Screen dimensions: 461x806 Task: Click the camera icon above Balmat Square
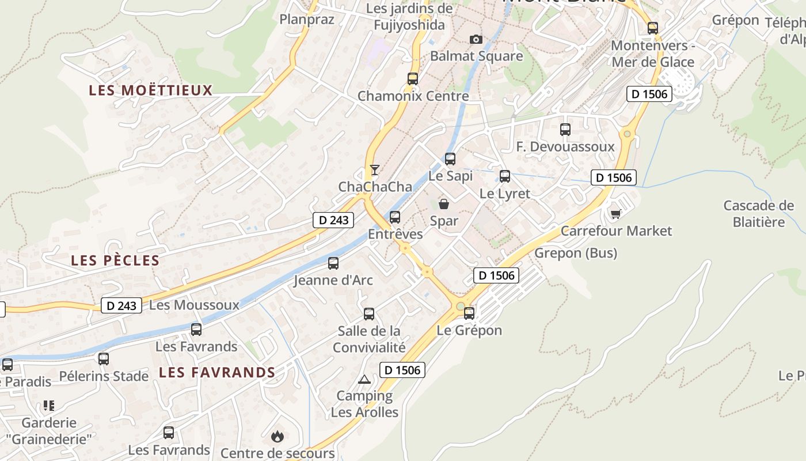click(476, 39)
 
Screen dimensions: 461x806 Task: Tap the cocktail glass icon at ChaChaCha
click(375, 169)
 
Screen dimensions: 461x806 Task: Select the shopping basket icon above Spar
click(444, 203)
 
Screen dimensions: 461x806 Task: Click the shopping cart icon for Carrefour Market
click(615, 214)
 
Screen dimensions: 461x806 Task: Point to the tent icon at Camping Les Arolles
click(364, 379)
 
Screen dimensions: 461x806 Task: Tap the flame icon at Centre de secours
click(277, 436)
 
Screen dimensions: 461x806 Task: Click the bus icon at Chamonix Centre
click(413, 79)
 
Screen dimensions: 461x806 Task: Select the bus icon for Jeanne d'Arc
click(333, 263)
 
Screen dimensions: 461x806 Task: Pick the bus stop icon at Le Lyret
click(505, 176)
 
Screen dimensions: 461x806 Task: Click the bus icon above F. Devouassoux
click(565, 130)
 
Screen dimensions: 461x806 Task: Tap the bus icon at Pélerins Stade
click(104, 359)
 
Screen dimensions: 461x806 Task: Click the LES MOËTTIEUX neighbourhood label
click(151, 90)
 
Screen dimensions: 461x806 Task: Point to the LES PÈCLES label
click(115, 260)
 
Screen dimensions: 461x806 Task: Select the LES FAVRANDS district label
click(217, 372)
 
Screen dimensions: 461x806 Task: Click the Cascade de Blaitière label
click(758, 214)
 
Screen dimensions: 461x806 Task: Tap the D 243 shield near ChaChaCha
click(333, 220)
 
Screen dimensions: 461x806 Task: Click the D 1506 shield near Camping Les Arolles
click(402, 370)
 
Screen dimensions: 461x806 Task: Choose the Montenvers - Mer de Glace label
click(653, 54)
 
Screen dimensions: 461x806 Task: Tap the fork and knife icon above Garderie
click(49, 406)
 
